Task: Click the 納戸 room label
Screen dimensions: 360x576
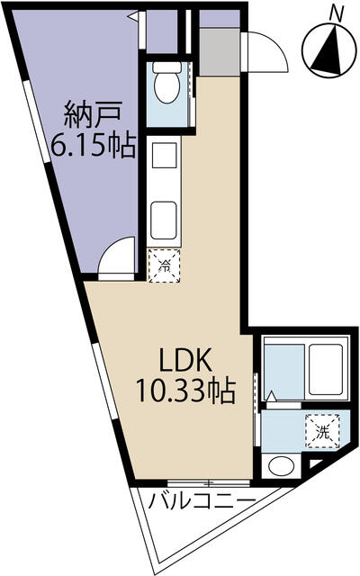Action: (93, 115)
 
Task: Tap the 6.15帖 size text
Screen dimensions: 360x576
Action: (93, 145)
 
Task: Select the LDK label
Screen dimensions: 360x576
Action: (184, 360)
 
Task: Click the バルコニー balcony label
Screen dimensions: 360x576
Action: (202, 501)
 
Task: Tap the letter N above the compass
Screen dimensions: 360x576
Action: (336, 14)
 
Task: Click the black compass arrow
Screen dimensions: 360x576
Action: (328, 50)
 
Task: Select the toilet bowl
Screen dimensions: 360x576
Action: (167, 83)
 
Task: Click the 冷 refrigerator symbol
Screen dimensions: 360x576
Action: (164, 265)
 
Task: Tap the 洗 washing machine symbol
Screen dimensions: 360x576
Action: (323, 431)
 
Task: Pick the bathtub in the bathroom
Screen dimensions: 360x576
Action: (326, 369)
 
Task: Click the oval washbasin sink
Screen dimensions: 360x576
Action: (282, 466)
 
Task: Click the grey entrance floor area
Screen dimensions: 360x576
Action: (220, 51)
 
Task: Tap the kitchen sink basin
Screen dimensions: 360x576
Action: (164, 220)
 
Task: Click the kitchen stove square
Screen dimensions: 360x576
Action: (164, 156)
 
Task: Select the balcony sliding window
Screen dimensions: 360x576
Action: (208, 482)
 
